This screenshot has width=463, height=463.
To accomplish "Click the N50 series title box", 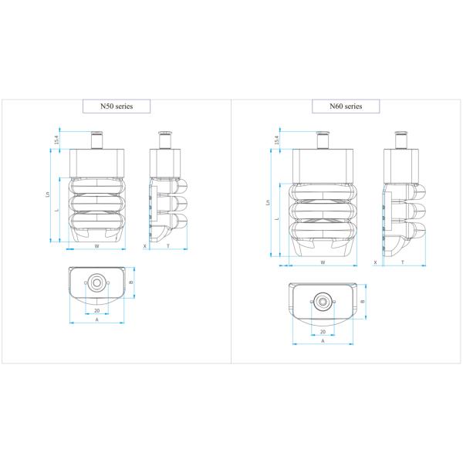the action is pos(117,106).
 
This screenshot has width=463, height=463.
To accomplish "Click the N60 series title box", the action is pos(346,106).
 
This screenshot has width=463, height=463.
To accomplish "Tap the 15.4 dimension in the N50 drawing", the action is pos(56,140).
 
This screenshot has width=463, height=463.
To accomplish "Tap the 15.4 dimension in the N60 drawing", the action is pos(276,140).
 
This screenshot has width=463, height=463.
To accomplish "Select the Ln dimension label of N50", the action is pos(48,194).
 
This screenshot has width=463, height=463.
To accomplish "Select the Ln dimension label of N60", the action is pos(268,202).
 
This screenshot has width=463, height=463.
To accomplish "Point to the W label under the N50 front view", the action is pos(96,246).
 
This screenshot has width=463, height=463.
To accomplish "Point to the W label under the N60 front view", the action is pos(323,262).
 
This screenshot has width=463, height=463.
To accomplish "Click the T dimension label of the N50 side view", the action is pos(168,246).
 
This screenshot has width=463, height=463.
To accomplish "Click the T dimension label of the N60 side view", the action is pos(403,262).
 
